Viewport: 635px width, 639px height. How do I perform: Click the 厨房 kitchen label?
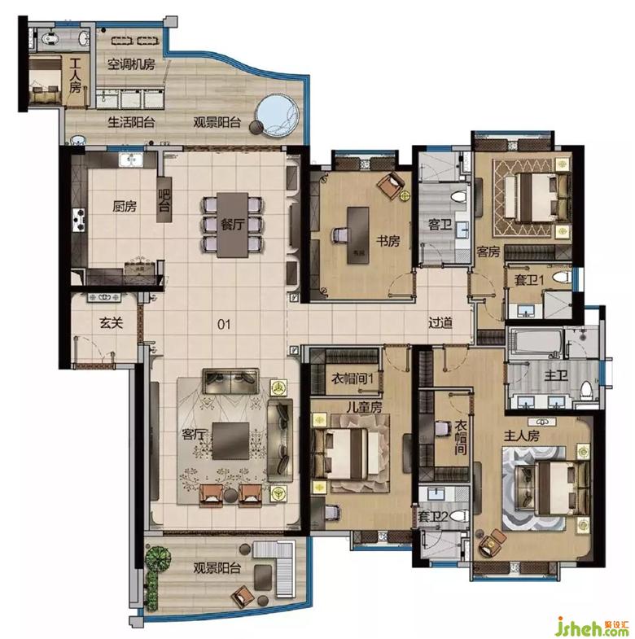[125, 206]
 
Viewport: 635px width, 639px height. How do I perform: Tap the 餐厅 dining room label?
[232, 224]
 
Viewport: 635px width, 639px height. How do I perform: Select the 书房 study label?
[388, 241]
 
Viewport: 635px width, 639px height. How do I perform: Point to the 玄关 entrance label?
[111, 323]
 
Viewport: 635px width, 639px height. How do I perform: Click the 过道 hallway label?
[440, 322]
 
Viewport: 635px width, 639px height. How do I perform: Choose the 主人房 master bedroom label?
[522, 435]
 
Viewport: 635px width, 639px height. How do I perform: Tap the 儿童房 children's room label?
[365, 407]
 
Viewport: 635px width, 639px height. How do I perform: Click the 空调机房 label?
[131, 64]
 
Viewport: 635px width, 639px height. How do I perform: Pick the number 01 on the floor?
[224, 325]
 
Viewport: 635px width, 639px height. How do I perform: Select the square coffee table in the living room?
[230, 441]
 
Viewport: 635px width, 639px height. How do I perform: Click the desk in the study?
[358, 235]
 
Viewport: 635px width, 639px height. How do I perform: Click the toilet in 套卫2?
[459, 516]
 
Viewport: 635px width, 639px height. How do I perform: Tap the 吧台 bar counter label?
[164, 199]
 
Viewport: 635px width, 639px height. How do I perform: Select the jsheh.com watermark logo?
[593, 628]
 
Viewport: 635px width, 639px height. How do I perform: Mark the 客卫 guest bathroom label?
[440, 225]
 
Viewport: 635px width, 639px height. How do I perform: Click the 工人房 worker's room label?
[75, 76]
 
